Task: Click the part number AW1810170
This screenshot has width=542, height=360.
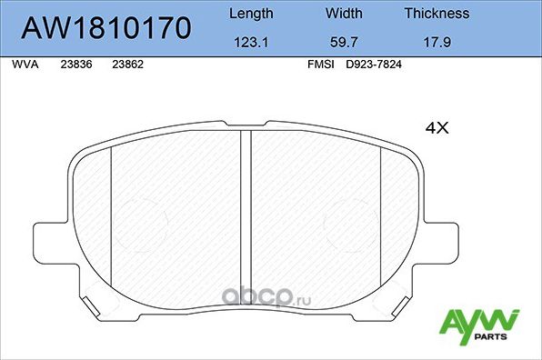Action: pyautogui.click(x=105, y=28)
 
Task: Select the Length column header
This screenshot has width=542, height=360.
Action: pyautogui.click(x=249, y=14)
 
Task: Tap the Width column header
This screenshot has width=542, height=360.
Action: pyautogui.click(x=343, y=14)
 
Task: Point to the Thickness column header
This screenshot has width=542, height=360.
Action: pyautogui.click(x=437, y=14)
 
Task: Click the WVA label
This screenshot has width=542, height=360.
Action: pyautogui.click(x=25, y=65)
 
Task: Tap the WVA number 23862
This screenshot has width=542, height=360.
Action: pyautogui.click(x=126, y=65)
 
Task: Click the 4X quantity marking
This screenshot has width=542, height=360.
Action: pyautogui.click(x=437, y=129)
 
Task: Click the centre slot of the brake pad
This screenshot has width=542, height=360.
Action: pyautogui.click(x=245, y=209)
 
